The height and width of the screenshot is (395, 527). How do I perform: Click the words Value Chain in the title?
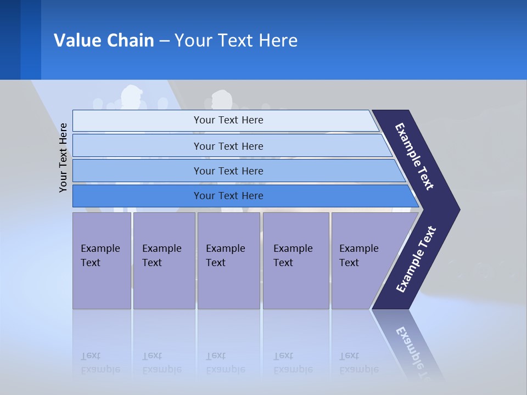point(104,41)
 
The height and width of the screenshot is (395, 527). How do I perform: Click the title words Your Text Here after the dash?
point(236,41)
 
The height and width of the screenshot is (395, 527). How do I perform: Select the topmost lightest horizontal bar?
point(228,120)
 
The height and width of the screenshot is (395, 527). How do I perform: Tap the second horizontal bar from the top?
point(228,146)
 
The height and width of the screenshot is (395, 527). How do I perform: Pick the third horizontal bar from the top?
point(228,171)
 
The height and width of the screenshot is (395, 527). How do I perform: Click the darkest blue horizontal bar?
point(228,196)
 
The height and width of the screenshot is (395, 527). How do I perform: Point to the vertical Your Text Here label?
point(63,157)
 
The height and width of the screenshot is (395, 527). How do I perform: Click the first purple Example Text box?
point(102,260)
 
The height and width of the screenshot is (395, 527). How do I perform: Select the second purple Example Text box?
point(164,260)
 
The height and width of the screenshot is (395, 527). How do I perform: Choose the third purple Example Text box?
point(228,260)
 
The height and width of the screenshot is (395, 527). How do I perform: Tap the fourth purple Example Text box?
point(295,260)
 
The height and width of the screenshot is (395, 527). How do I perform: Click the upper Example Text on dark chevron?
point(414,156)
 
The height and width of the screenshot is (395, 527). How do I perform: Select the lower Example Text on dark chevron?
point(416,259)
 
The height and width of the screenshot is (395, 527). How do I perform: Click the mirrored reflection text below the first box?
point(100,363)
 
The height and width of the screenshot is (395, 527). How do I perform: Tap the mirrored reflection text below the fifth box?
point(359,363)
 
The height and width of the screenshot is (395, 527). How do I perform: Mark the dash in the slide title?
point(164,41)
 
